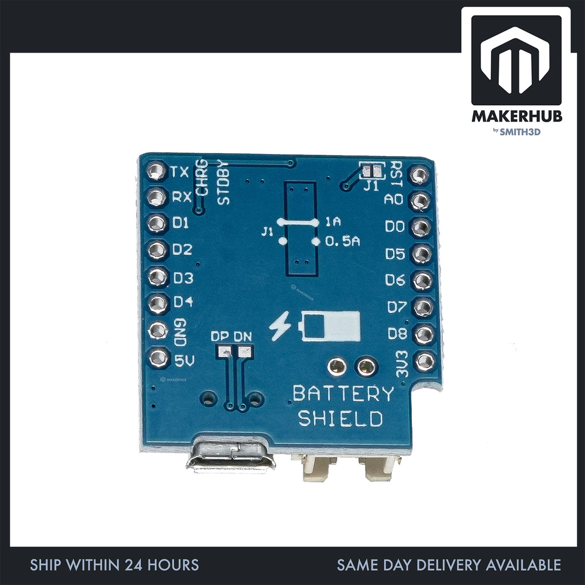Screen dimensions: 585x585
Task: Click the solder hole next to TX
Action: tap(155, 170)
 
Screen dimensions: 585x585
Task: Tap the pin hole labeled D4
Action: tap(157, 303)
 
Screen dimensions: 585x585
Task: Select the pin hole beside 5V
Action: tap(158, 358)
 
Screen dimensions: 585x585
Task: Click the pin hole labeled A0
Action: tap(420, 201)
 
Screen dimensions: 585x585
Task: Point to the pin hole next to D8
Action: tap(423, 334)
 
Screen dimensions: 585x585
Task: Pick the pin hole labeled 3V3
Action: tap(424, 361)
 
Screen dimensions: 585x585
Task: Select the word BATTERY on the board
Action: tap(343, 394)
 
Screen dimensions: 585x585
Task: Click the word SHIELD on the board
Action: tap(340, 419)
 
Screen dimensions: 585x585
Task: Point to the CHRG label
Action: tap(202, 177)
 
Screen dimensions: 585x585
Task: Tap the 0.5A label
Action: tap(342, 242)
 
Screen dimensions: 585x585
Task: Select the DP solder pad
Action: tap(223, 351)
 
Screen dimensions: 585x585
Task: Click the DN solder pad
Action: tap(244, 351)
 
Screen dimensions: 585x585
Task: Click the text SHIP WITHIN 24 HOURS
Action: tap(114, 566)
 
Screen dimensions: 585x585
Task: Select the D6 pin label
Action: tap(395, 280)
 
